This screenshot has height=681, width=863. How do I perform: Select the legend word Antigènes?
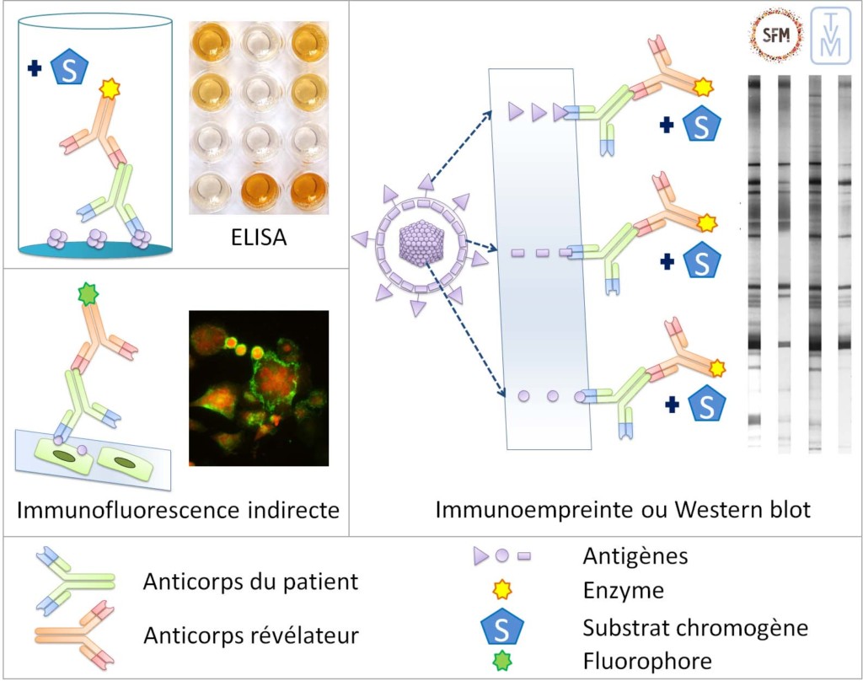point(635,556)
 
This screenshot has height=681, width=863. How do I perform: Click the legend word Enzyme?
point(623,591)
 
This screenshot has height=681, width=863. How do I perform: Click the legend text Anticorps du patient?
point(251,582)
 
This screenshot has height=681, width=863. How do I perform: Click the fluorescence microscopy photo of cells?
point(258,388)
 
